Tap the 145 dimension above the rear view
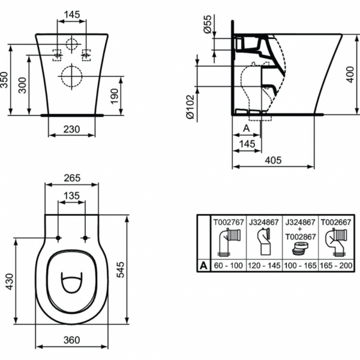[x=71, y=13]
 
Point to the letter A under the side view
[x=246, y=128]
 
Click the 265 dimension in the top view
[x=71, y=178]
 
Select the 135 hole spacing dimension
[x=71, y=195]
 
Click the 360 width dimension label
[x=71, y=340]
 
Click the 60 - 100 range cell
[x=229, y=265]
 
